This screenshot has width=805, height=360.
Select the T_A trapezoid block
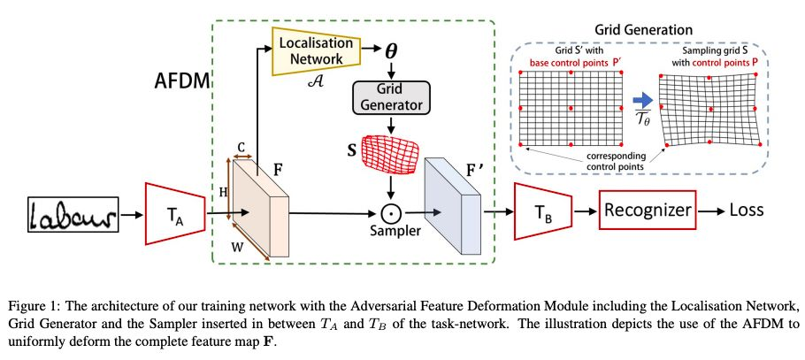pyautogui.click(x=170, y=213)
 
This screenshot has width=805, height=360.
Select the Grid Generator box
pyautogui.click(x=391, y=96)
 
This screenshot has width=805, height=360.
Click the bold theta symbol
pyautogui.click(x=391, y=51)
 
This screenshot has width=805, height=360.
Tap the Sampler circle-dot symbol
pyautogui.click(x=391, y=213)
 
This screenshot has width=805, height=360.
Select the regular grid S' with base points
pyautogui.click(x=571, y=109)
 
